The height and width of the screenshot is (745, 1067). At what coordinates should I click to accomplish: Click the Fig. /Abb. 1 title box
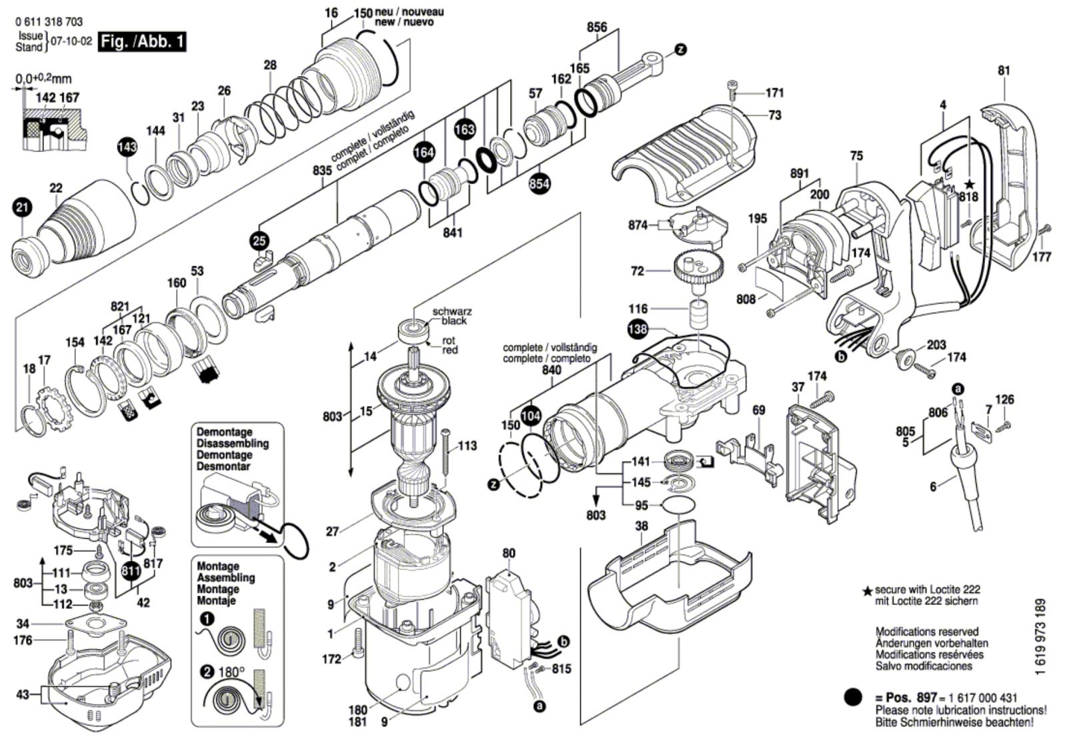[x=142, y=42]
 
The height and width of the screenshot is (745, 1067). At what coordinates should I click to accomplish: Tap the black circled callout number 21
[x=22, y=208]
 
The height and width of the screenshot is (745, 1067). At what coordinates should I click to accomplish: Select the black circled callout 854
[x=539, y=183]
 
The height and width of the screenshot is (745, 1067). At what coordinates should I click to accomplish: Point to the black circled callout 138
[x=638, y=329]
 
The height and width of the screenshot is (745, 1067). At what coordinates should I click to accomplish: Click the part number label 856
[x=597, y=27]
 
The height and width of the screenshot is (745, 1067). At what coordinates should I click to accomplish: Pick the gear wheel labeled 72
[x=698, y=272]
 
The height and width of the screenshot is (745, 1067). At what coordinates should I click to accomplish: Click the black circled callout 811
[x=131, y=571]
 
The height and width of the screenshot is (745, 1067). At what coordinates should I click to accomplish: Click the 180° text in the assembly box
[x=231, y=672]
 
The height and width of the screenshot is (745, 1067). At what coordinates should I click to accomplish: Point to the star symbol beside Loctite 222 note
[x=867, y=591]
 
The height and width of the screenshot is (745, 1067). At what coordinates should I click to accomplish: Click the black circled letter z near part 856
[x=681, y=49]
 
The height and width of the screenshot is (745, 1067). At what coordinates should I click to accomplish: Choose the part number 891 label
[x=800, y=174]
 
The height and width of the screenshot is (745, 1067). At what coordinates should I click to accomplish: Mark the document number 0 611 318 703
[x=49, y=22]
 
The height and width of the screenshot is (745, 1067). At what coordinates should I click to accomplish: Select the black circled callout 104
[x=530, y=416]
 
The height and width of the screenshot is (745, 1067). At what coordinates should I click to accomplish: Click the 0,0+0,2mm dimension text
[x=44, y=79]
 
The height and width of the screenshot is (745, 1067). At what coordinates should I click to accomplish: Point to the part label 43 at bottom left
[x=23, y=694]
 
